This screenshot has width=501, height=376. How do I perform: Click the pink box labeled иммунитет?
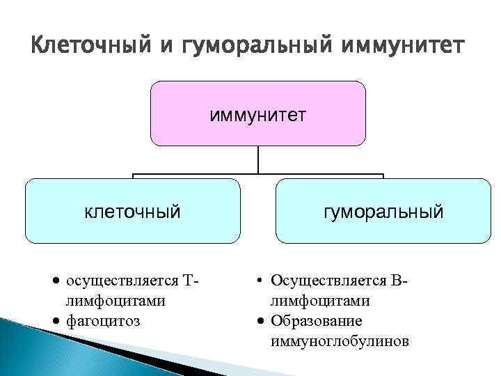[258, 129]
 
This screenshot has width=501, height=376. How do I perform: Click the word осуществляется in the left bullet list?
[120, 281]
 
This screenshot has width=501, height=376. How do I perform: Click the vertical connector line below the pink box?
[258, 159]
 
